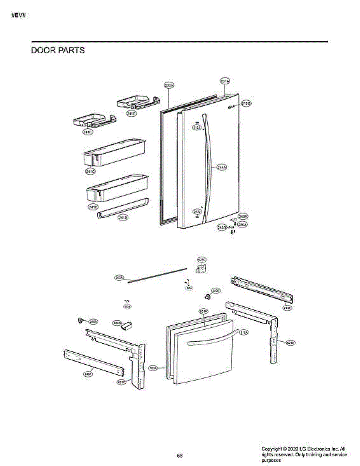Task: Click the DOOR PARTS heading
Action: (x=57, y=50)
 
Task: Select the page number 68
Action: (x=180, y=455)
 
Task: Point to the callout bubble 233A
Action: (x=169, y=85)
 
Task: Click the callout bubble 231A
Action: (x=225, y=81)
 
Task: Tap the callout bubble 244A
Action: (x=222, y=167)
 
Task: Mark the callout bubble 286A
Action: (x=243, y=224)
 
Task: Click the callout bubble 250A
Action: (x=119, y=278)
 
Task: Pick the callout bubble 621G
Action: (x=202, y=259)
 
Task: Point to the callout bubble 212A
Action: (x=244, y=332)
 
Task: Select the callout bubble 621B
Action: (x=290, y=343)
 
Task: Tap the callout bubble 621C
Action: (x=122, y=382)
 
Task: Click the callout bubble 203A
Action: (x=153, y=368)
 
